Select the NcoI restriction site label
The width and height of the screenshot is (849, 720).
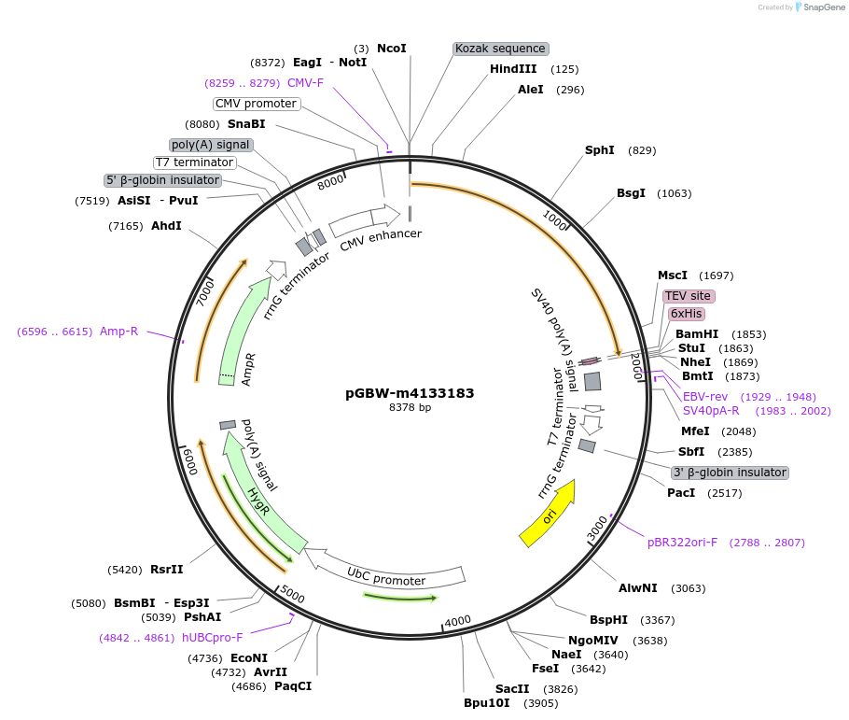click(x=392, y=48)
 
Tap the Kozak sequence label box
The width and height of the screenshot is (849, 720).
click(x=500, y=48)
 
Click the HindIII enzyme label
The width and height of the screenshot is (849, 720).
click(x=513, y=69)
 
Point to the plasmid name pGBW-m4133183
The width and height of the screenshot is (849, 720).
click(x=410, y=393)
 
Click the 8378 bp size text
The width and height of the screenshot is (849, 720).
click(x=410, y=407)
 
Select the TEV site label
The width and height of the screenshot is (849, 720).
click(x=688, y=296)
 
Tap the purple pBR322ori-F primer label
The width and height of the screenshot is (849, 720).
click(x=682, y=543)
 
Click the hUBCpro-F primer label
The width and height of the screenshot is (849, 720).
click(x=212, y=638)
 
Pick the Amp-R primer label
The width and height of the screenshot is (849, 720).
click(x=118, y=332)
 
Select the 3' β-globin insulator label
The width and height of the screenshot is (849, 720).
click(x=730, y=473)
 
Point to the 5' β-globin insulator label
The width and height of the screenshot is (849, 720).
click(x=162, y=180)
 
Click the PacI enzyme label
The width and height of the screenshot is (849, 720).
click(x=680, y=492)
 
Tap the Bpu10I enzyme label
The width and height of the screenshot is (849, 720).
click(x=487, y=703)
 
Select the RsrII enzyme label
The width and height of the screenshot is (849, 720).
click(x=167, y=569)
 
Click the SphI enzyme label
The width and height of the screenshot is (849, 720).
click(x=600, y=150)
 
